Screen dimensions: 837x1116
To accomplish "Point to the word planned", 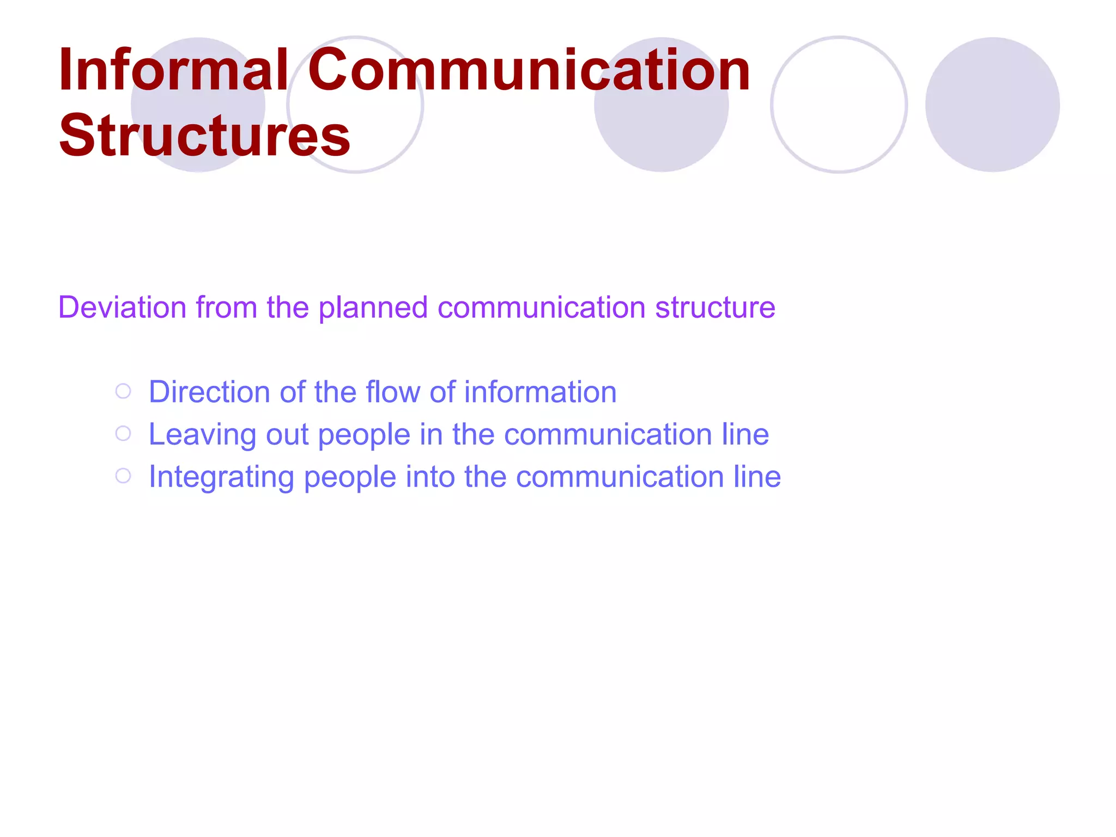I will pos(373,308).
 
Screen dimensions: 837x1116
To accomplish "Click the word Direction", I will pos(209,392).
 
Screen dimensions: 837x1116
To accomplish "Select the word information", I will pos(540,392).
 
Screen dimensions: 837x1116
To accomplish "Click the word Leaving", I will pos(202,435).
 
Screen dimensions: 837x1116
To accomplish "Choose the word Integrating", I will pos(221,477).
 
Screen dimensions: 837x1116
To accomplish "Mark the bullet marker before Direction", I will pos(124,391).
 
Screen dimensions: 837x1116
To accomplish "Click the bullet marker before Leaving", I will pos(124,434).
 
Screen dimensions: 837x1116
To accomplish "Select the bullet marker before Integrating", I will pos(124,476).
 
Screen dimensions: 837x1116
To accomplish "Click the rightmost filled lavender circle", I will pos(992,105).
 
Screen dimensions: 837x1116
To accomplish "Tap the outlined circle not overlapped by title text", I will pos(839,105).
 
